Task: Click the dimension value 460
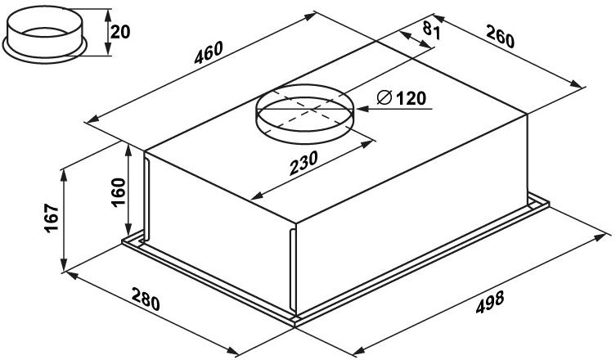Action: click(x=209, y=52)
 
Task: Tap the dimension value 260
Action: click(x=500, y=36)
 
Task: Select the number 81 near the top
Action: click(x=431, y=30)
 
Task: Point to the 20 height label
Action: click(x=119, y=32)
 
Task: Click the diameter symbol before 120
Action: click(x=384, y=97)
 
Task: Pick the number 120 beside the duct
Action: click(x=411, y=98)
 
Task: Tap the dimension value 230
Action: click(x=304, y=163)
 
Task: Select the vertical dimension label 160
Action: click(x=119, y=191)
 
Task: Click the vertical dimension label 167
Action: click(x=52, y=218)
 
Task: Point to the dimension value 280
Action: click(x=146, y=299)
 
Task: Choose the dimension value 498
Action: click(x=490, y=302)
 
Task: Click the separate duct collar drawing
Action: click(x=44, y=34)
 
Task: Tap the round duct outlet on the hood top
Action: click(x=305, y=114)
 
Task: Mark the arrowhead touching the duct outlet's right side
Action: click(x=362, y=109)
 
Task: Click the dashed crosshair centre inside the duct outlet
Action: click(x=313, y=109)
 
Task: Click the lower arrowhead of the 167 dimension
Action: click(x=64, y=265)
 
